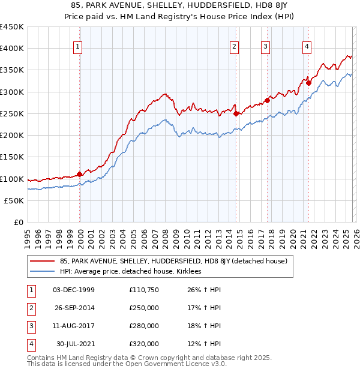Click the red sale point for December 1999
80,174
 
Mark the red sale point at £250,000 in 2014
236,113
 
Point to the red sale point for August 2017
267,100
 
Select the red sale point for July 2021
308,83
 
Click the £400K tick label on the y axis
12,49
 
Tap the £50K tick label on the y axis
14,201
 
